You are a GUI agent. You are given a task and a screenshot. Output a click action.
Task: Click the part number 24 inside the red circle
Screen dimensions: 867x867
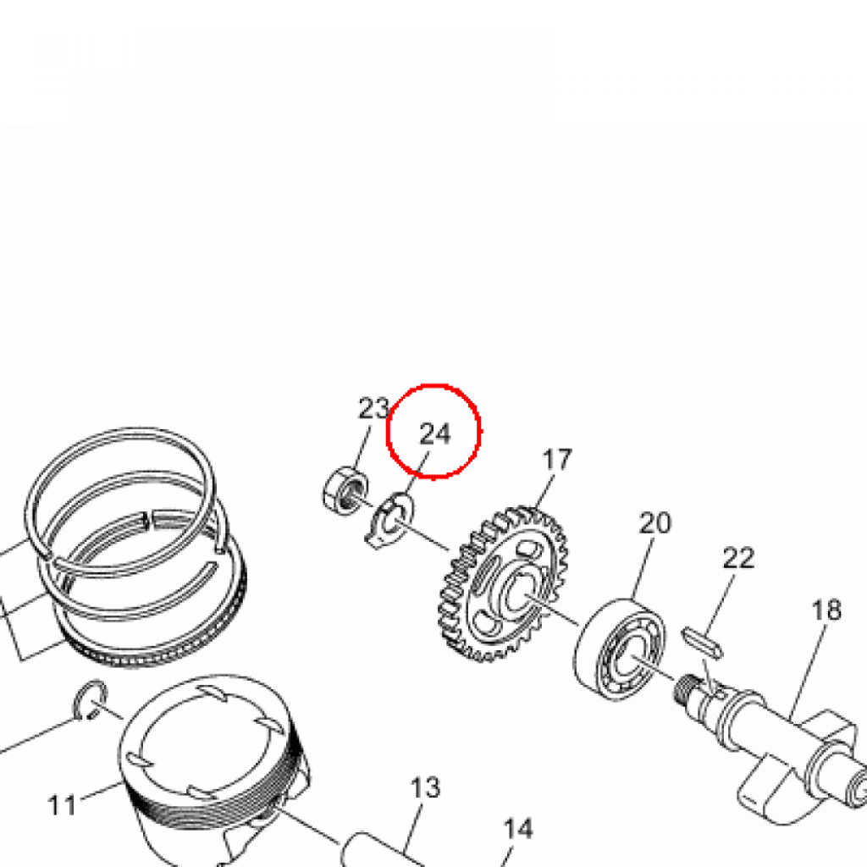[x=435, y=433]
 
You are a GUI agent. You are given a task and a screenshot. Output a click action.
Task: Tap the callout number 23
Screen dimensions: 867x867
[x=373, y=409]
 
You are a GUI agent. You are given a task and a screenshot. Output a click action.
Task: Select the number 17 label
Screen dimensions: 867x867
[x=557, y=460]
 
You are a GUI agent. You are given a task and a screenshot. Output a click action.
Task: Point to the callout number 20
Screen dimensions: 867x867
[x=654, y=523]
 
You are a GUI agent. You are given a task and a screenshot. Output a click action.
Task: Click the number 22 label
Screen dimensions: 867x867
[x=738, y=559]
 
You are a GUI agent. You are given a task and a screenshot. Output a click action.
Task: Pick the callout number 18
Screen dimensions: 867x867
[x=826, y=610]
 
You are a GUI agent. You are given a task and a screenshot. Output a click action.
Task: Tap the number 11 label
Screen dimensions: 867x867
[x=62, y=805]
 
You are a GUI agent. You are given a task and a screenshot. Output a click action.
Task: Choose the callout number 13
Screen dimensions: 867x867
[x=425, y=787]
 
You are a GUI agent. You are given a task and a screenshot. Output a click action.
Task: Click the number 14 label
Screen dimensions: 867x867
[x=518, y=829]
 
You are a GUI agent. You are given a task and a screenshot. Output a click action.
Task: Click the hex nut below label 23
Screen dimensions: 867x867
[x=345, y=492]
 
